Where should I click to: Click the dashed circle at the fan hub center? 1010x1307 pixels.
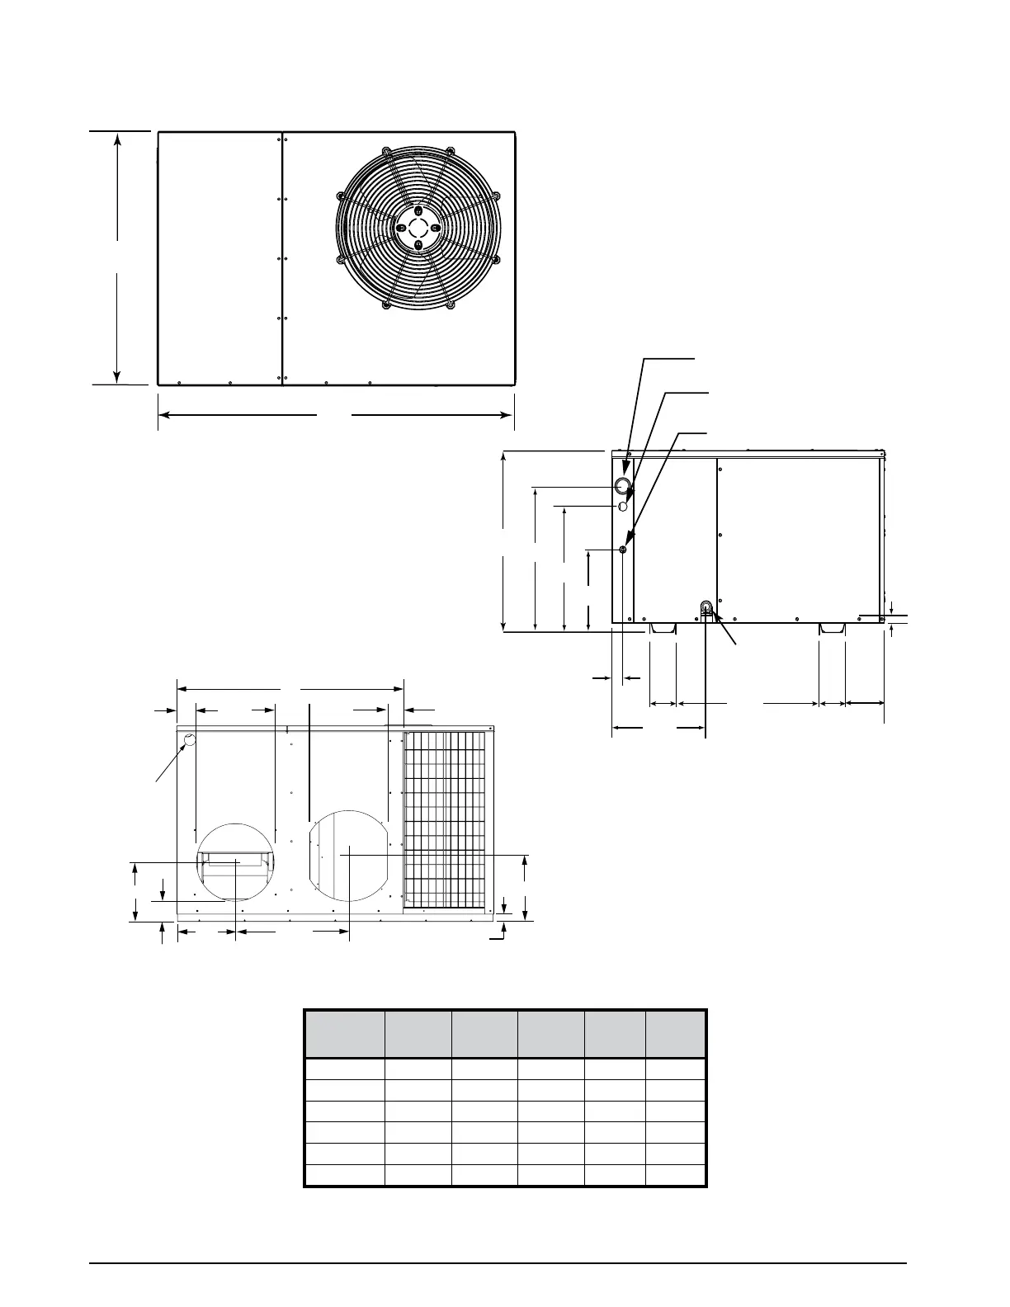pyautogui.click(x=418, y=227)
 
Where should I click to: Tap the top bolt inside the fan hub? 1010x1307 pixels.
pyautogui.click(x=418, y=211)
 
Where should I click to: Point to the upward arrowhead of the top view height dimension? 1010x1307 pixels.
pyautogui.click(x=118, y=140)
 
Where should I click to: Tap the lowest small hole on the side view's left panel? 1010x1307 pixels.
pyautogui.click(x=624, y=550)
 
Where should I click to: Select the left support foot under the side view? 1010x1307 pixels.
pyautogui.click(x=663, y=629)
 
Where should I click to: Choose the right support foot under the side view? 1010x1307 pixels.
pyautogui.click(x=832, y=629)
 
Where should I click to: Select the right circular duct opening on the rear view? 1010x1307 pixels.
pyautogui.click(x=350, y=854)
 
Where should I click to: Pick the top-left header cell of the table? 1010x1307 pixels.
pyautogui.click(x=344, y=1034)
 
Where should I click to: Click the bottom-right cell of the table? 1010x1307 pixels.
pyautogui.click(x=676, y=1175)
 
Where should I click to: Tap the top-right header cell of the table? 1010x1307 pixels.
pyautogui.click(x=676, y=1034)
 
